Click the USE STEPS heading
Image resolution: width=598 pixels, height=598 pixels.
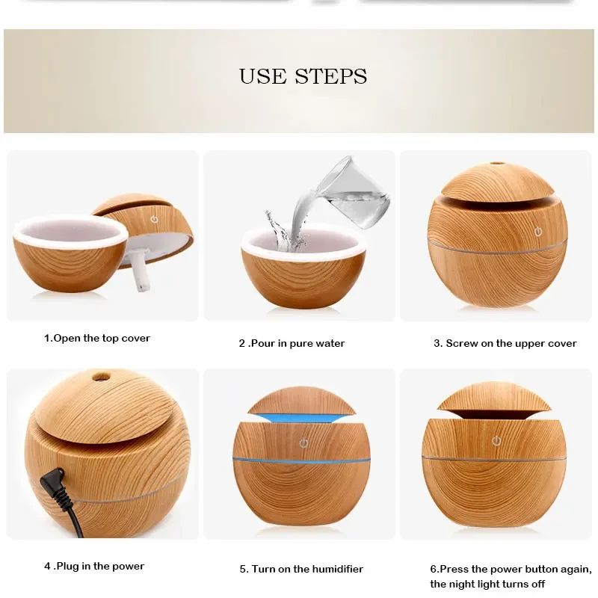click(x=303, y=76)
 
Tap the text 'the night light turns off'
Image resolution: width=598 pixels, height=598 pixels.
click(x=487, y=584)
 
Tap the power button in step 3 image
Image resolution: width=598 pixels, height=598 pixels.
click(x=538, y=232)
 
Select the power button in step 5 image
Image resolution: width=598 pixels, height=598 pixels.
click(x=303, y=443)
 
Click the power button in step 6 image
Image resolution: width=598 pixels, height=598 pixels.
click(x=496, y=441)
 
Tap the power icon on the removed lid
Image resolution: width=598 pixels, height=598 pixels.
click(x=154, y=219)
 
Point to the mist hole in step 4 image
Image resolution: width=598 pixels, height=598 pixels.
click(x=101, y=377)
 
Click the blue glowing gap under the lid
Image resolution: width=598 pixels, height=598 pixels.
click(x=301, y=418)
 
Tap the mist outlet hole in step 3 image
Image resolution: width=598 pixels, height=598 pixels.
click(x=496, y=163)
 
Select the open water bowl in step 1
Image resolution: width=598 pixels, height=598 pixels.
click(x=71, y=253)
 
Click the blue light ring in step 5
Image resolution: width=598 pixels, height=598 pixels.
click(x=301, y=460)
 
